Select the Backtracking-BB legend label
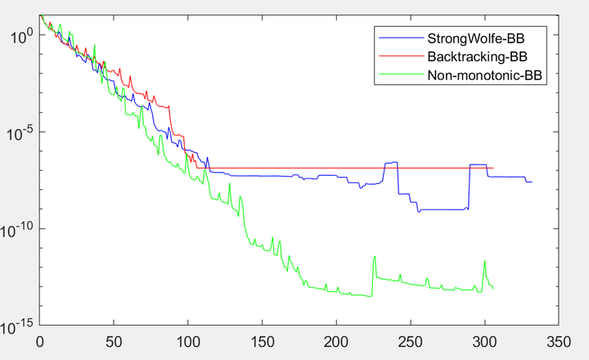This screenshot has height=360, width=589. [x=476, y=56]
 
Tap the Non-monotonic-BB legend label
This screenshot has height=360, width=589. [x=486, y=74]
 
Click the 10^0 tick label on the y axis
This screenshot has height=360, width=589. [x=20, y=35]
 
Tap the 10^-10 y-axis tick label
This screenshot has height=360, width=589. [x=19, y=229]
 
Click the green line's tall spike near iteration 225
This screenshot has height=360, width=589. [x=375, y=257]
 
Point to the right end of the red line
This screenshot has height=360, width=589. [x=493, y=169]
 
